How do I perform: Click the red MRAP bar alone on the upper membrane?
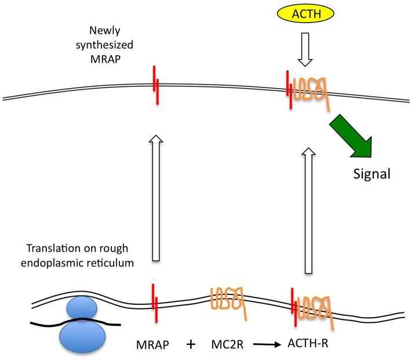(155, 86)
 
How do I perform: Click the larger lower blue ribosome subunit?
(83, 335)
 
